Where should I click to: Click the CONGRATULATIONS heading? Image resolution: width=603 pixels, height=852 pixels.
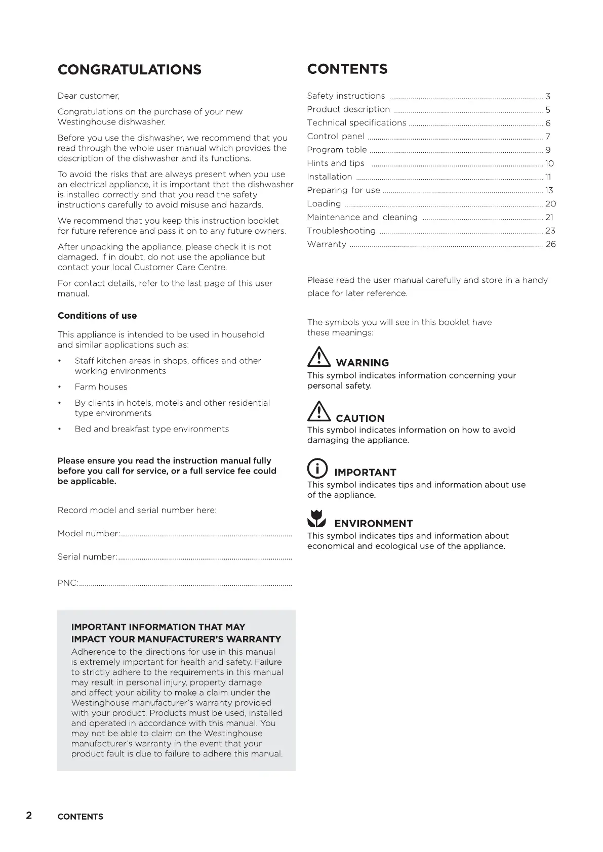pyautogui.click(x=130, y=70)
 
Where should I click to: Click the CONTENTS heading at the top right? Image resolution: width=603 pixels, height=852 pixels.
pyautogui.click(x=347, y=69)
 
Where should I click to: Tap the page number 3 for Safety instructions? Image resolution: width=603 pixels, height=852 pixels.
pyautogui.click(x=548, y=96)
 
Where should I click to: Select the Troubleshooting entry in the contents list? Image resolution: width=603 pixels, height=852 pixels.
pyautogui.click(x=341, y=231)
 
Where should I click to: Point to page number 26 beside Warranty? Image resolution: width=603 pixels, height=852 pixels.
pyautogui.click(x=550, y=244)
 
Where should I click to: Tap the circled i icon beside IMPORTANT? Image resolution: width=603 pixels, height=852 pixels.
pyautogui.click(x=317, y=468)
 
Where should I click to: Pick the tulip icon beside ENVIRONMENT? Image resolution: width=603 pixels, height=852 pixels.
pyautogui.click(x=317, y=519)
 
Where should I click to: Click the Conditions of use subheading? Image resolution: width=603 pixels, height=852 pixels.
pyautogui.click(x=97, y=316)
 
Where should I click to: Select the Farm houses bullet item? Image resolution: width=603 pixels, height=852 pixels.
pyautogui.click(x=101, y=387)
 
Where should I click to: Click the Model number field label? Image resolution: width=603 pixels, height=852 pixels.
pyautogui.click(x=89, y=534)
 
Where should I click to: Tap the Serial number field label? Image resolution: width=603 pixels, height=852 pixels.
pyautogui.click(x=88, y=557)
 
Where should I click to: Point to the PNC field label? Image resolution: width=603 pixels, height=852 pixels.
pyautogui.click(x=68, y=583)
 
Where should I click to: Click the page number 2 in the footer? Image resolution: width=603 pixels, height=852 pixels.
pyautogui.click(x=29, y=816)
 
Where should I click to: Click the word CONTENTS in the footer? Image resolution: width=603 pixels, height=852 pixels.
pyautogui.click(x=81, y=817)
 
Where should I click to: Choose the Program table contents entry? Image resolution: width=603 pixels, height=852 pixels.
pyautogui.click(x=337, y=150)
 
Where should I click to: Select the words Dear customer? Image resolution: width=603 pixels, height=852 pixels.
pyautogui.click(x=89, y=96)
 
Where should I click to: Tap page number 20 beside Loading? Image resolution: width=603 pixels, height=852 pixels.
pyautogui.click(x=550, y=204)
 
